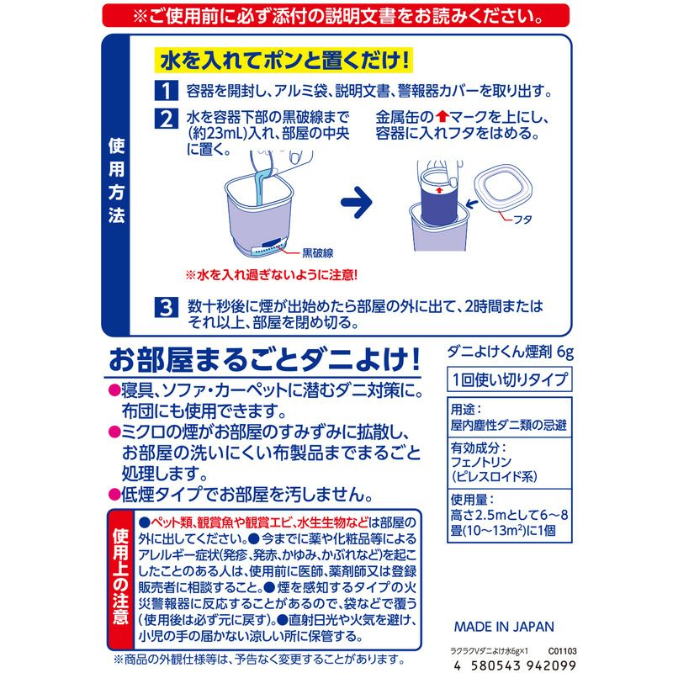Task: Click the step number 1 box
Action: (x=167, y=90)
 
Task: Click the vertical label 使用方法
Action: (x=117, y=179)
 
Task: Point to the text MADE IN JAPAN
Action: (x=504, y=626)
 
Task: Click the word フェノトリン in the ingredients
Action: (x=485, y=461)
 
